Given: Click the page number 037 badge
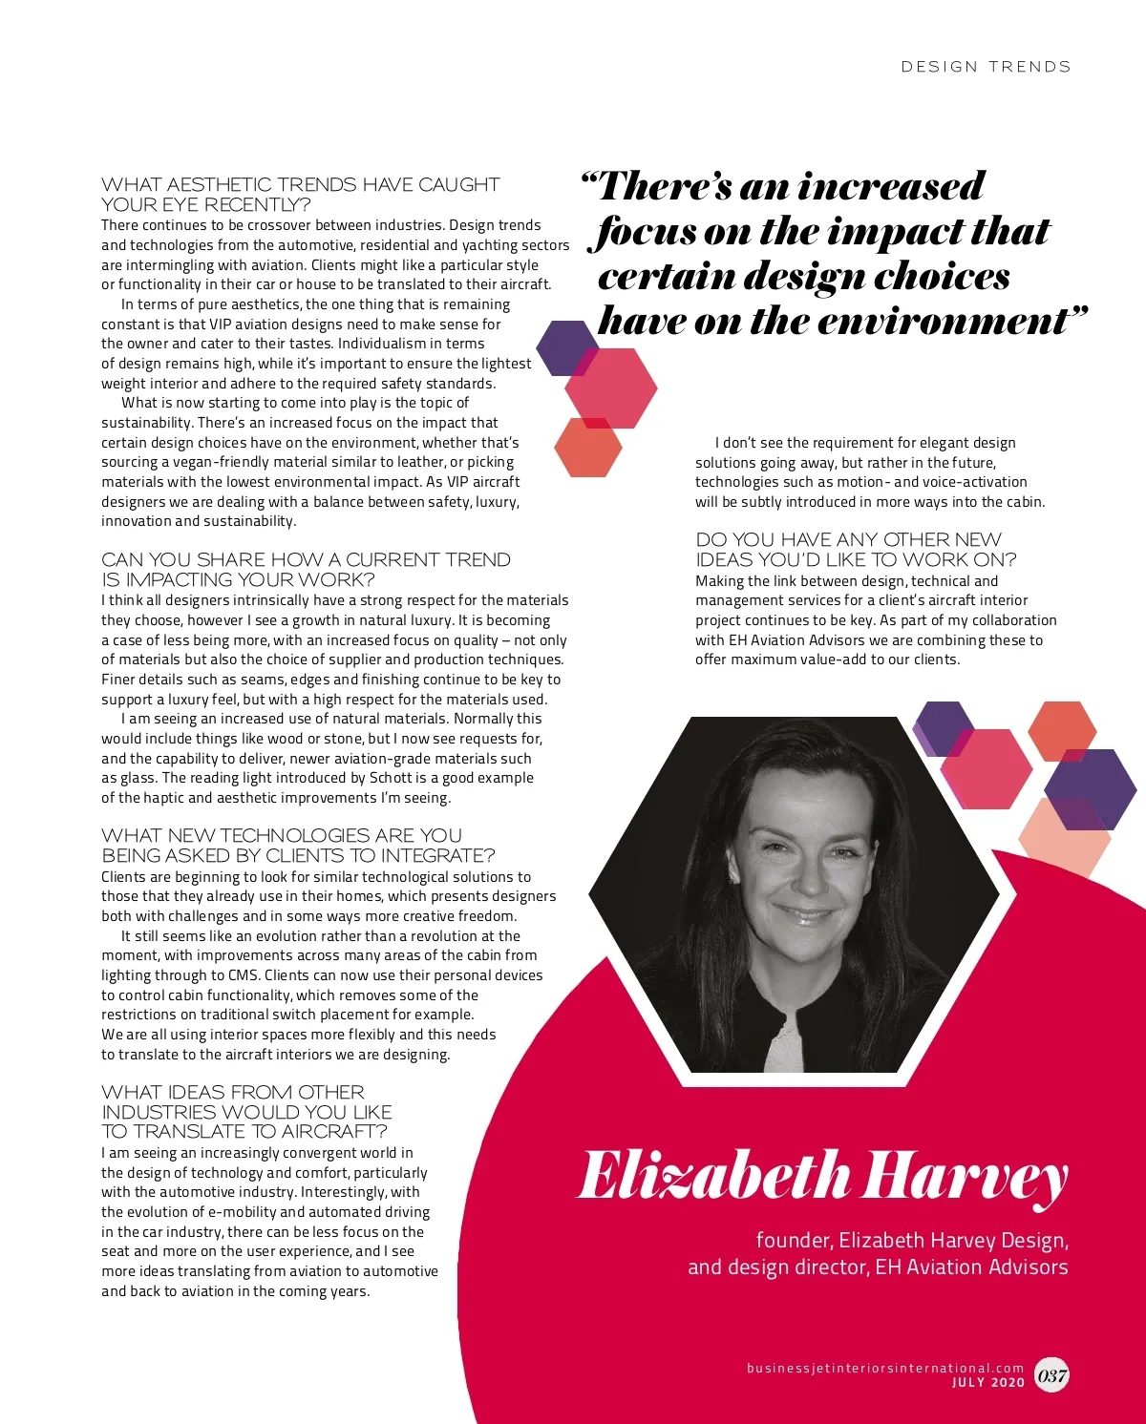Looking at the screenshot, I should click(1051, 1375).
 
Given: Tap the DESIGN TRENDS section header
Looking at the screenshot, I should click(986, 67).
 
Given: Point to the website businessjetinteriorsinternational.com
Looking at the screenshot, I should click(884, 1368).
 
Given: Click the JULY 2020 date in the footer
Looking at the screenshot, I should click(988, 1382).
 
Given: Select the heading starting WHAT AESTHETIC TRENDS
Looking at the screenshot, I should click(300, 194).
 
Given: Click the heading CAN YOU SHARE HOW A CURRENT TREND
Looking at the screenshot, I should click(306, 569).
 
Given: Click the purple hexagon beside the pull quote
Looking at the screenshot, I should click(566, 347).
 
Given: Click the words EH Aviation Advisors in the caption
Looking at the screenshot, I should click(971, 1267).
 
